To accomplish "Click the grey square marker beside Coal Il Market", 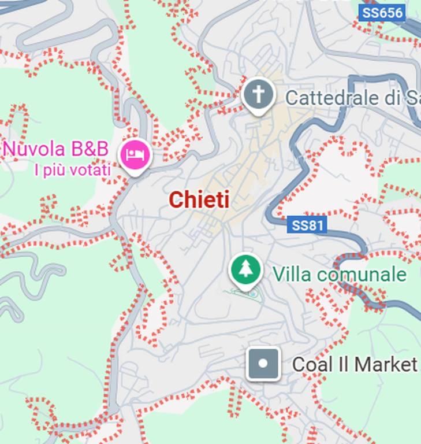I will pyautogui.click(x=263, y=364).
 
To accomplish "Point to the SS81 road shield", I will pyautogui.click(x=307, y=225).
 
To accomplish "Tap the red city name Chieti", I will pyautogui.click(x=199, y=200).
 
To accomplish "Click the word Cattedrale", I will pyautogui.click(x=331, y=98).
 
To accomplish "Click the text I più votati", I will pyautogui.click(x=72, y=170).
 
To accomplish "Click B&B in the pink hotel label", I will pyautogui.click(x=90, y=149).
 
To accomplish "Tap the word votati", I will pyautogui.click(x=92, y=170).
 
